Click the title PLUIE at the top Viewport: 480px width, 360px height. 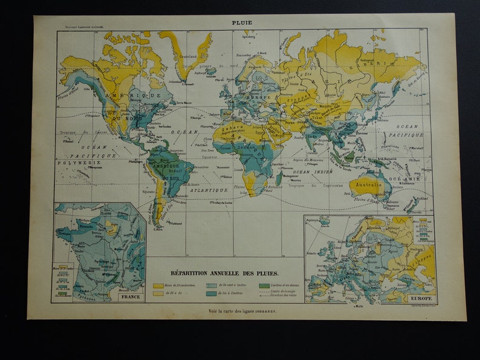(x=242, y=22)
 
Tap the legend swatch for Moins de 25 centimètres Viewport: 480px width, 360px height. (x=158, y=285)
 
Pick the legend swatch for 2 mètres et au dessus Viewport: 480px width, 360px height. (x=264, y=285)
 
